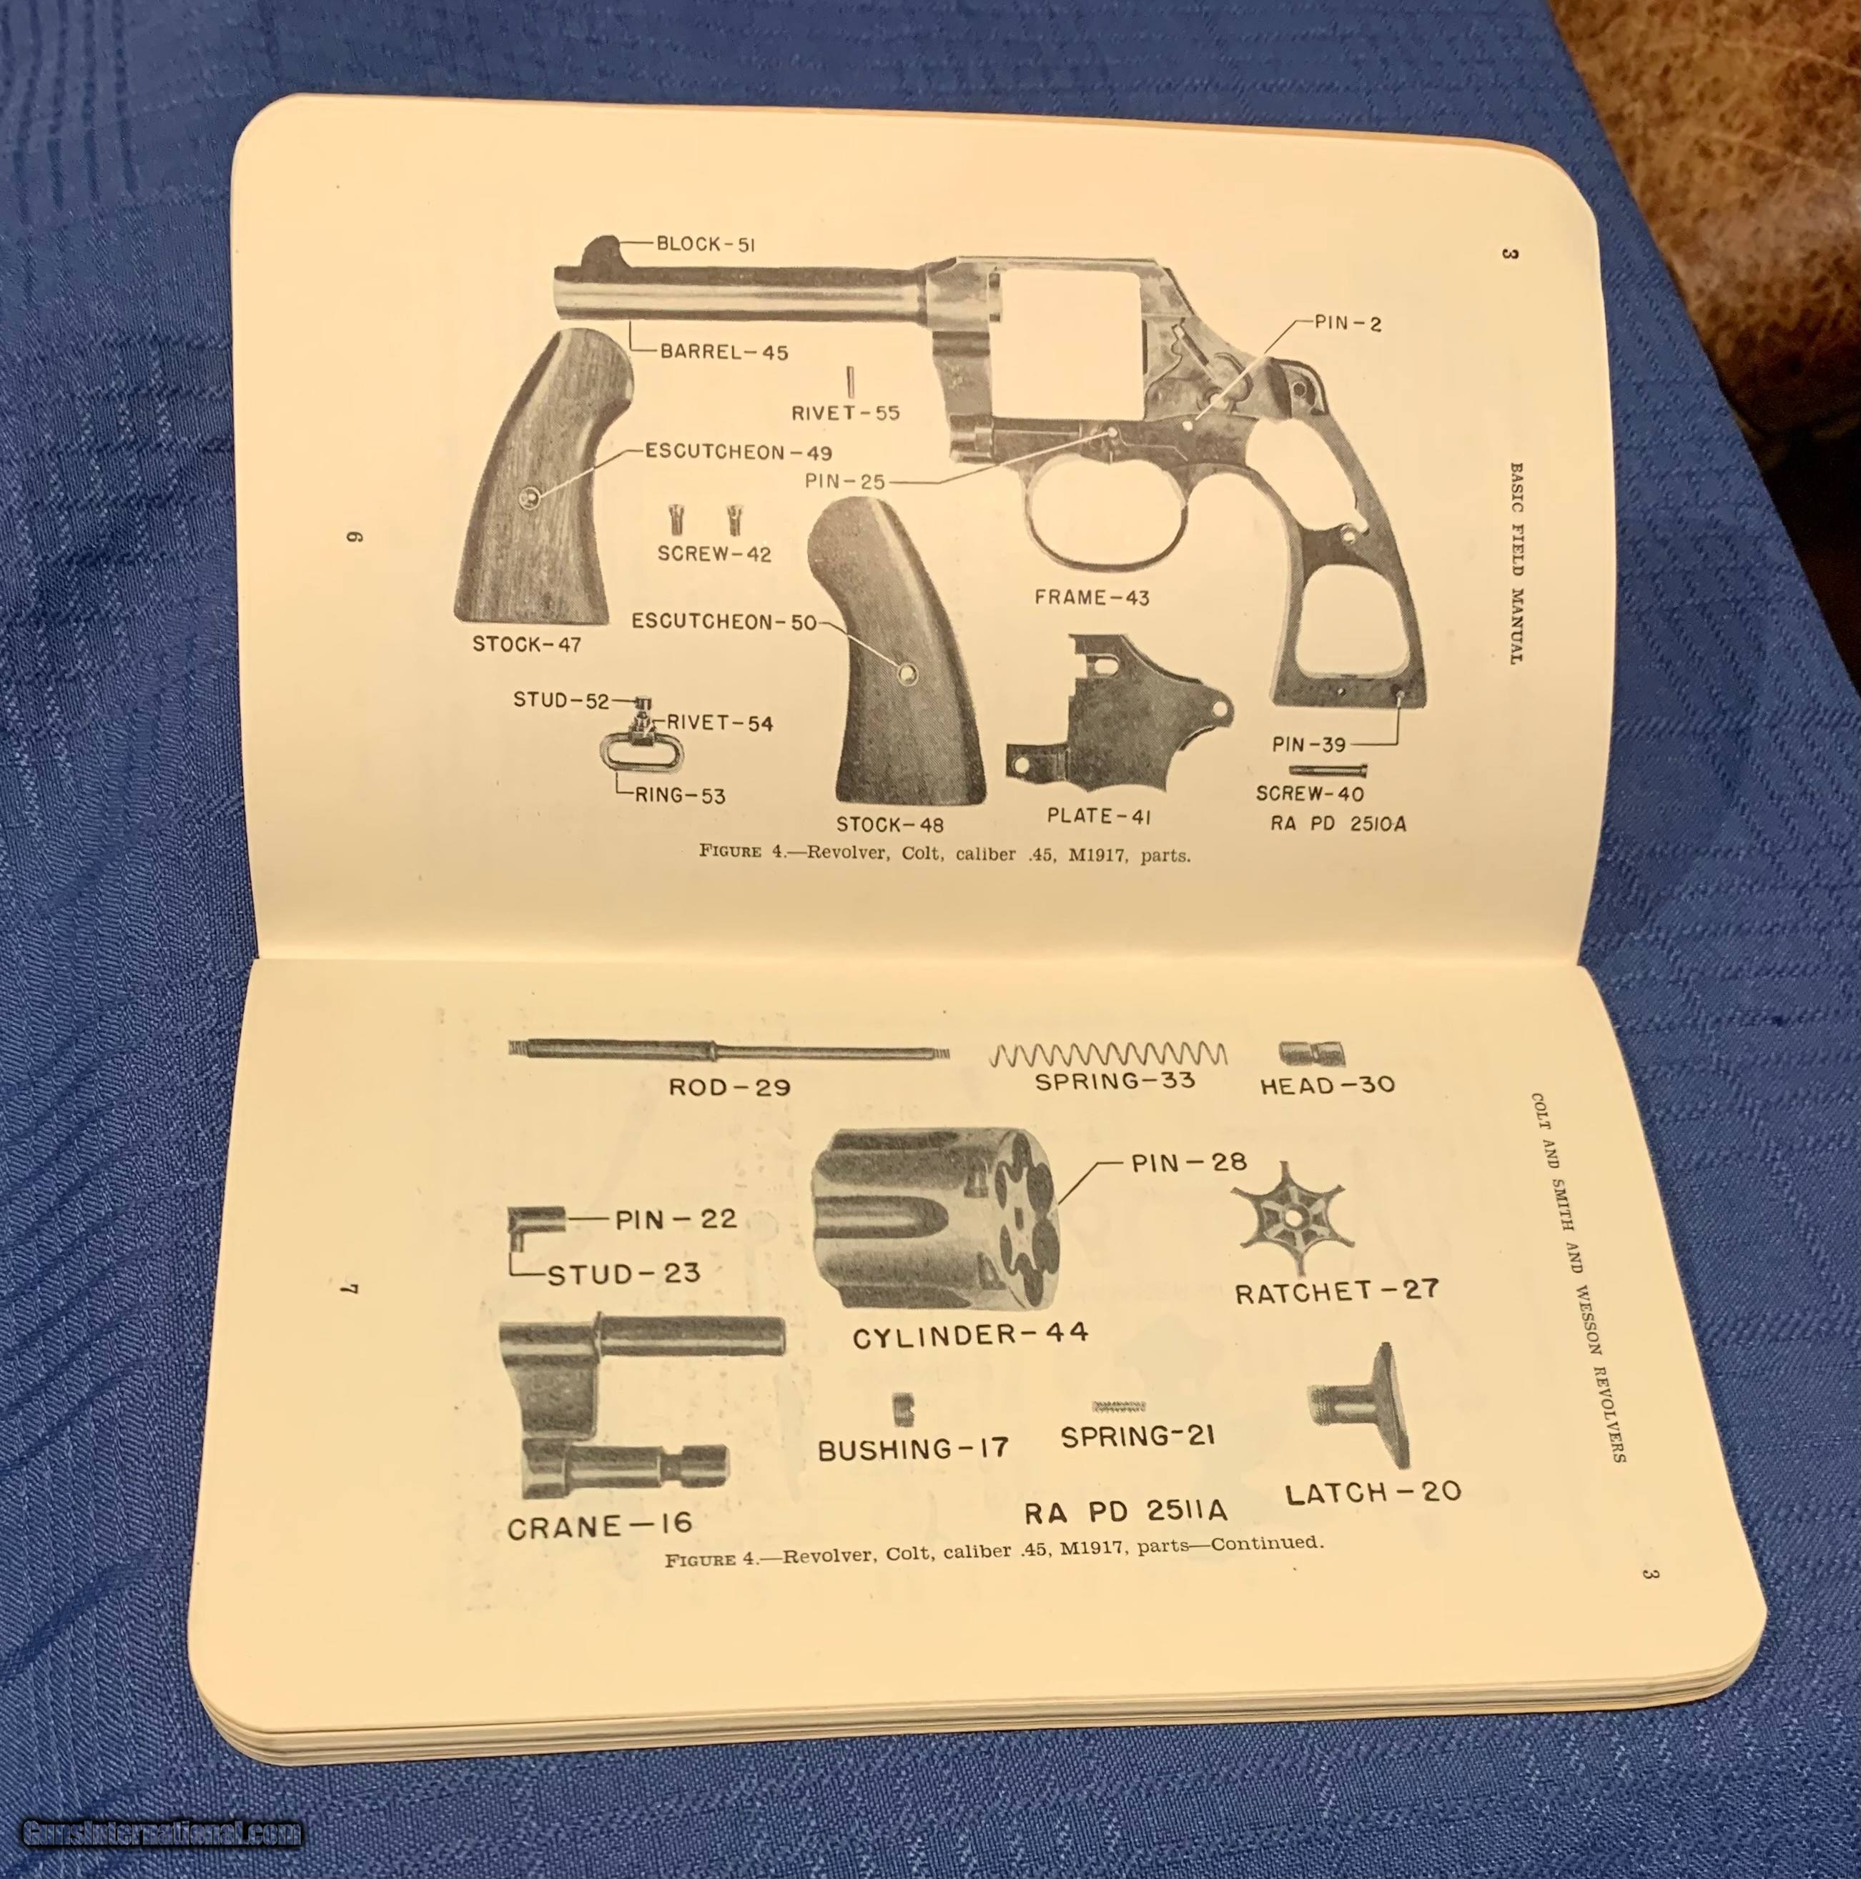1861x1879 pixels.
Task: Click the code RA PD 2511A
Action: (1125, 1512)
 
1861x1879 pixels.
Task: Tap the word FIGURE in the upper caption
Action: (731, 851)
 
